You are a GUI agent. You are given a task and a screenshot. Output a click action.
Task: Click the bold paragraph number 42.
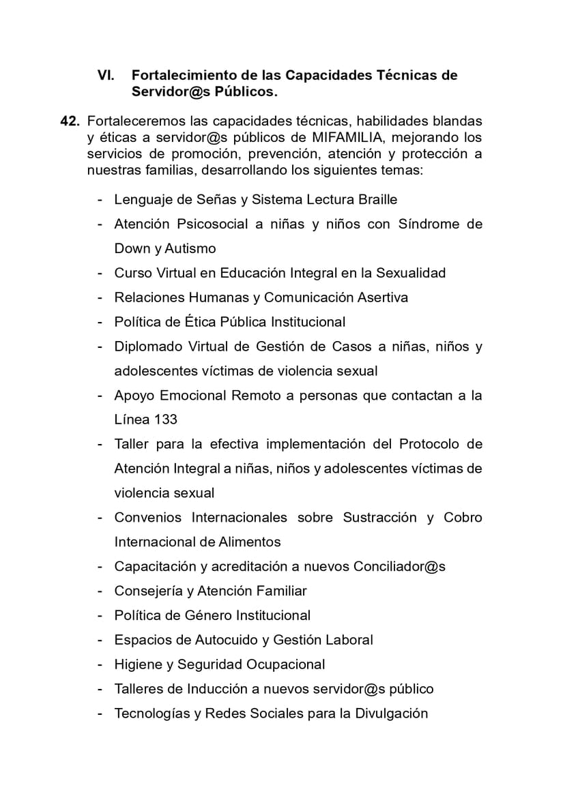click(70, 121)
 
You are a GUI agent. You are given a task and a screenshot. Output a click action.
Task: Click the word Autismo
click(190, 249)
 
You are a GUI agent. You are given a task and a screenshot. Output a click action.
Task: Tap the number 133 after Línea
click(166, 419)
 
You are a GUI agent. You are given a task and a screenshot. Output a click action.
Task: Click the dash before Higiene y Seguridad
click(100, 664)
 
